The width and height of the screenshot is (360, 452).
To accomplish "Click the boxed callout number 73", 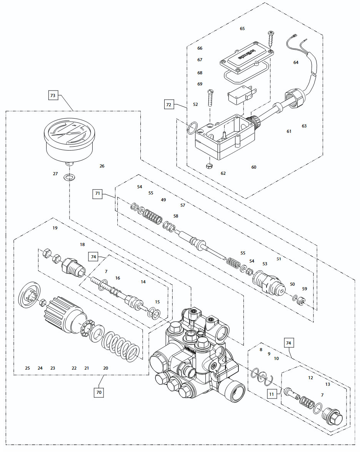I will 53,95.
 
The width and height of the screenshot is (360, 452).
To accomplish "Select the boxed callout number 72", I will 168,104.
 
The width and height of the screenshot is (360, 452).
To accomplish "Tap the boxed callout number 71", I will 98,194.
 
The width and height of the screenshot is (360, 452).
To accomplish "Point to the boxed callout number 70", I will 99,392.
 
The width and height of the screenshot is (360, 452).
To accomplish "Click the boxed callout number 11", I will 272,393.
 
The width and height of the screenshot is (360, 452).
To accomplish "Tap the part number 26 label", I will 102,166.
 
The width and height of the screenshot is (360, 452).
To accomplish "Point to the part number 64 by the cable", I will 296,62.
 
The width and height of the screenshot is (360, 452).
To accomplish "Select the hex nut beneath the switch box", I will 210,166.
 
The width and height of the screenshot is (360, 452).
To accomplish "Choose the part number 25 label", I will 27,368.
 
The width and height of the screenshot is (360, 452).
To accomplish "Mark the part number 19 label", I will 55,228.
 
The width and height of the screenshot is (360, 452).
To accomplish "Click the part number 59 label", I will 305,288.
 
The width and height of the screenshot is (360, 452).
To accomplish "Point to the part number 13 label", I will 328,384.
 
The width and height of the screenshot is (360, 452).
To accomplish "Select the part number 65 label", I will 242,28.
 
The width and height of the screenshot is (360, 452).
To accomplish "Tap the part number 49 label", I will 163,200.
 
